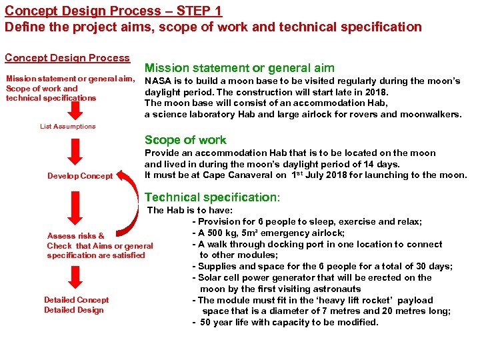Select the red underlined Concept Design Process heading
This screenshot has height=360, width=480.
67,58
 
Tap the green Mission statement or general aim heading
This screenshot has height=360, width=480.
239,67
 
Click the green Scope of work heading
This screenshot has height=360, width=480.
185,140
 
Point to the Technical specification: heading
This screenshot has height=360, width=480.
213,197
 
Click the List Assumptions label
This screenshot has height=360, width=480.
67,126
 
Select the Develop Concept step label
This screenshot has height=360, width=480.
80,176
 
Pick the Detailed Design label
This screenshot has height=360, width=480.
74,310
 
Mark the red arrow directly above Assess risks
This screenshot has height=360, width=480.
75,209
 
